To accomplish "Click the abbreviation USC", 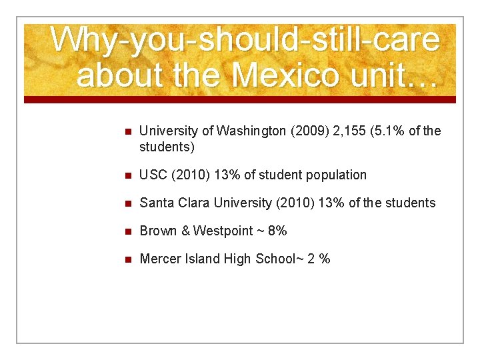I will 154,175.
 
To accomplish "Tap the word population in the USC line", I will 336,175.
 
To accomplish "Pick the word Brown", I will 158,231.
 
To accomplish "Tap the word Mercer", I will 159,259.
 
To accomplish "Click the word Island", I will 202,259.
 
